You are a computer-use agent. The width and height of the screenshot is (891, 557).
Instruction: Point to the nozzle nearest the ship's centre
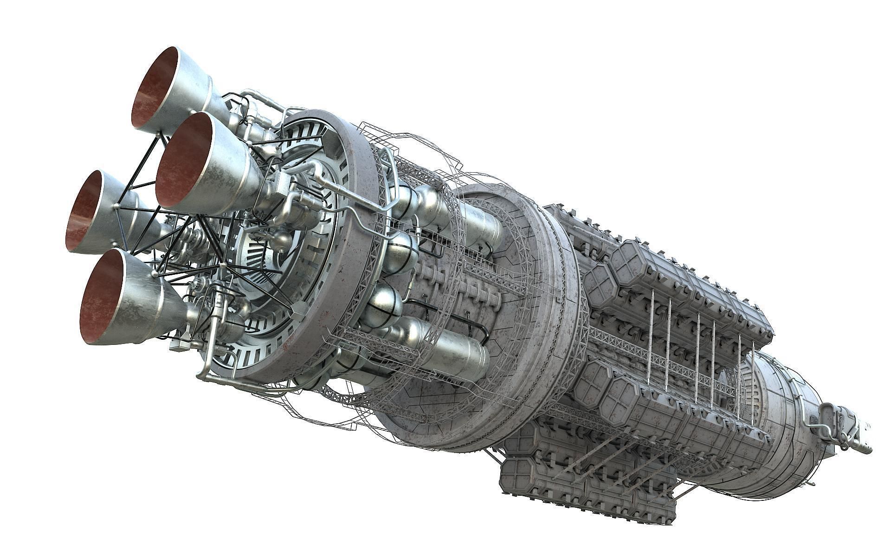pyautogui.click(x=186, y=160)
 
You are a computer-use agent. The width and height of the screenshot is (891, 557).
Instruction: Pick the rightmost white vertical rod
pyautogui.click(x=740, y=367)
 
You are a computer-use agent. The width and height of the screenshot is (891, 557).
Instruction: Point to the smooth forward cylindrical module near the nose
pyautogui.click(x=780, y=418)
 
